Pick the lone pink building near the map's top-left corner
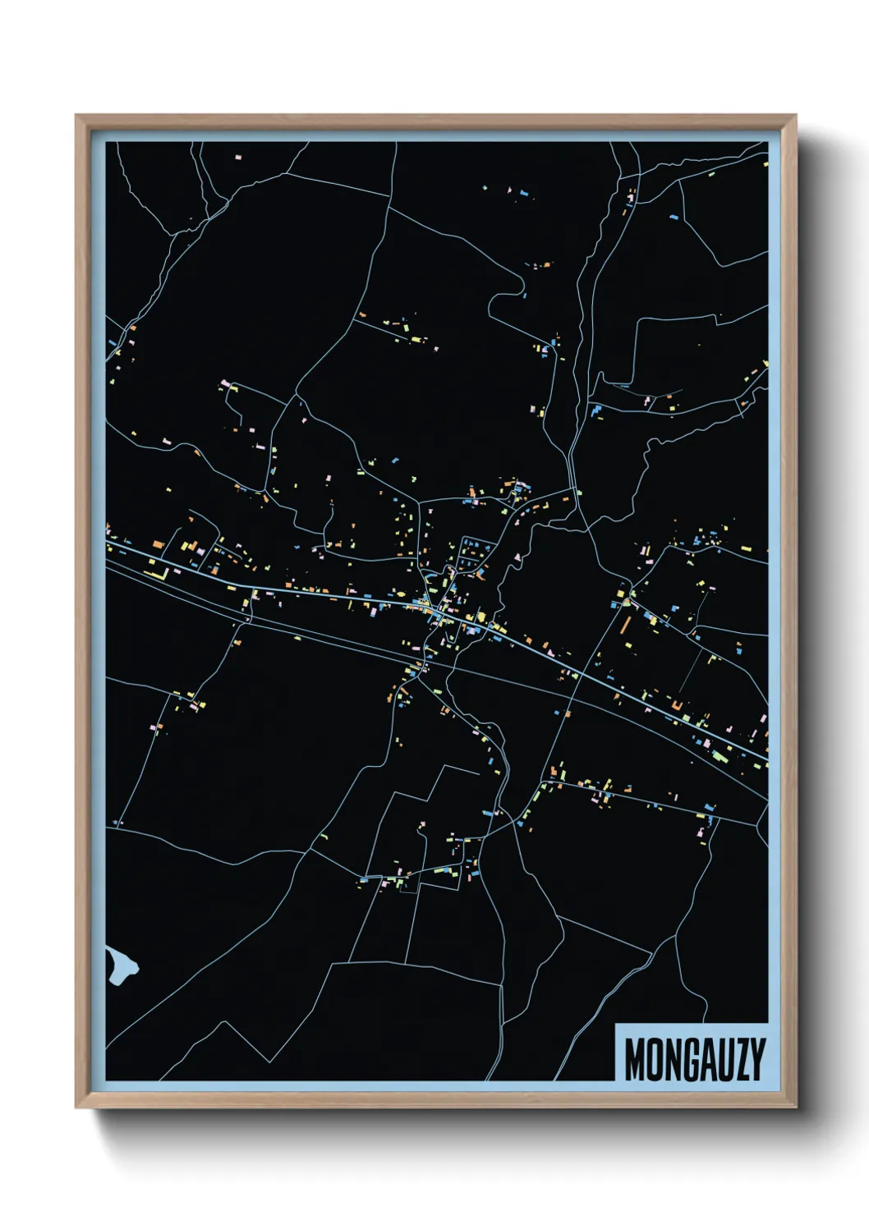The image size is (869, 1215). click(x=239, y=156)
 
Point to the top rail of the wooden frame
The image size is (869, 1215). click(x=435, y=121)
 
